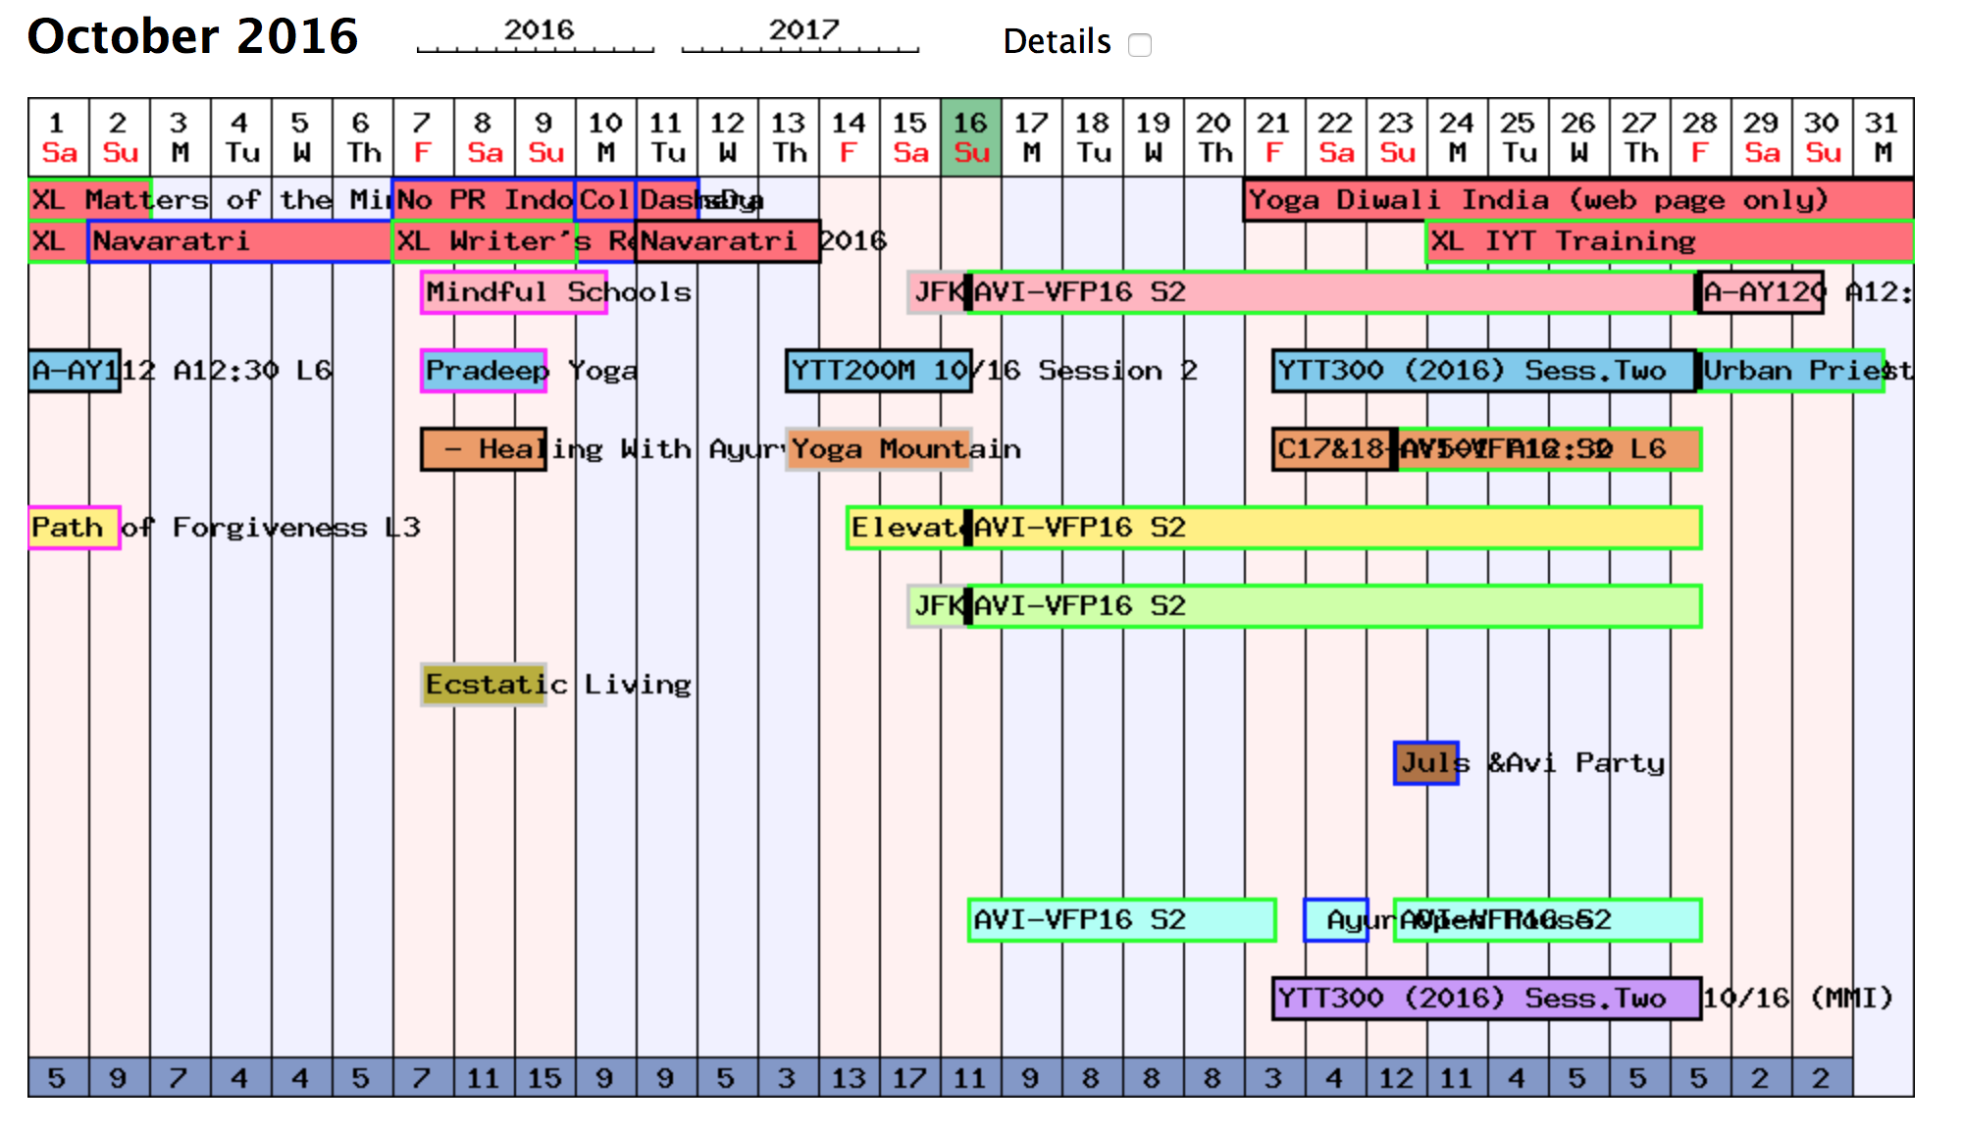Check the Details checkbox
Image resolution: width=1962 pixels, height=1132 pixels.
coord(1139,45)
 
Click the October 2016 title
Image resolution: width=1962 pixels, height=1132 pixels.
coord(192,37)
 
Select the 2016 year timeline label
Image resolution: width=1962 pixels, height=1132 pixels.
coord(538,30)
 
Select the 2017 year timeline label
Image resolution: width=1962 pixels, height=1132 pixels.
coord(802,30)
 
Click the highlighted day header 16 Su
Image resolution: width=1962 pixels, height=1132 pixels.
coord(970,137)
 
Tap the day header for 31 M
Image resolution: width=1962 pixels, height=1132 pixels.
coord(1883,137)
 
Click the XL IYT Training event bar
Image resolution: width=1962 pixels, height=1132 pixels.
coord(1668,241)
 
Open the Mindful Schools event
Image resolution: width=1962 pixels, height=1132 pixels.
coord(513,292)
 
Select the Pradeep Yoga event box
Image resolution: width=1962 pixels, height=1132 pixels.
coord(484,371)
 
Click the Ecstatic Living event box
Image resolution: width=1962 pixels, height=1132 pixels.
coord(484,685)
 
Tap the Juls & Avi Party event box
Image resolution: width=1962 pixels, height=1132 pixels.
coord(1425,763)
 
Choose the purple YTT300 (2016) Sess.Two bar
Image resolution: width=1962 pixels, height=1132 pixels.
coord(1485,999)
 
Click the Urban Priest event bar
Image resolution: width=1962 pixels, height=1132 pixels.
coord(1790,371)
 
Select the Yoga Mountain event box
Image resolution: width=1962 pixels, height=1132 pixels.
coord(879,449)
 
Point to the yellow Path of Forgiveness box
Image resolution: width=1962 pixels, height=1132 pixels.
coord(74,528)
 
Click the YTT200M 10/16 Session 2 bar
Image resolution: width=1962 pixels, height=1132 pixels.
coord(879,371)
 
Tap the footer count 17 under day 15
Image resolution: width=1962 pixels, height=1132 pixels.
coord(909,1078)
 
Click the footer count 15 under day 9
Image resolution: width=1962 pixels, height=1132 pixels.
coord(544,1078)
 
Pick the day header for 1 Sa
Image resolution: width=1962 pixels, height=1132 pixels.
coord(58,137)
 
